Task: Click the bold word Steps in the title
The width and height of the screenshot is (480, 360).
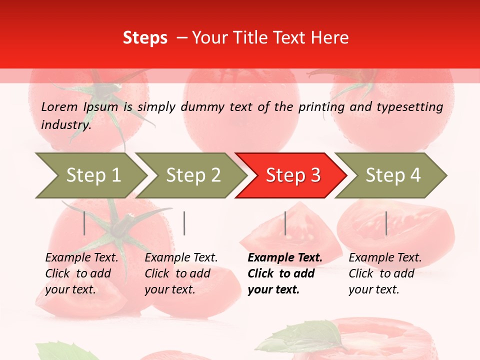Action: [x=145, y=38]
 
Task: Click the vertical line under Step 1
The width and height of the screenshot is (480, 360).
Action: [x=84, y=223]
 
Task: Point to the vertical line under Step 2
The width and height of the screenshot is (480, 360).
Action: [x=184, y=223]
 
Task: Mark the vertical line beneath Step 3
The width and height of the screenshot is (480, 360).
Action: [x=285, y=223]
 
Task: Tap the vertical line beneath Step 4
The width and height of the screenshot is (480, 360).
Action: [x=386, y=223]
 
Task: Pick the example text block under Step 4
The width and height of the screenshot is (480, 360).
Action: [x=385, y=273]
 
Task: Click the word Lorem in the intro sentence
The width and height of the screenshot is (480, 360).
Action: [x=59, y=107]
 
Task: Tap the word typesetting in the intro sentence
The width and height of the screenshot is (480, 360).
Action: [x=409, y=107]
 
